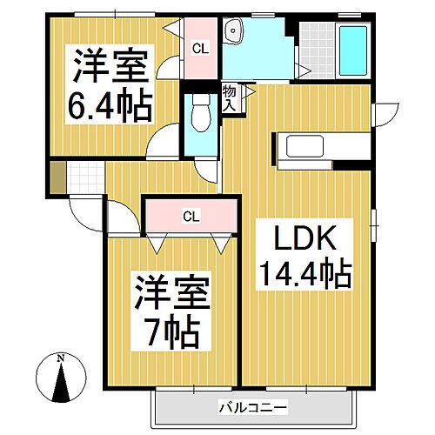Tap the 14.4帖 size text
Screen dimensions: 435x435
point(303,275)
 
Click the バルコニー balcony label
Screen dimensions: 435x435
point(251,406)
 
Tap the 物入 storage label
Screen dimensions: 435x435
point(230,97)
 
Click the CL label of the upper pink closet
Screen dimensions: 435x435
point(200,50)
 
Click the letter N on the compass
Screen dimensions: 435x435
point(60,358)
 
